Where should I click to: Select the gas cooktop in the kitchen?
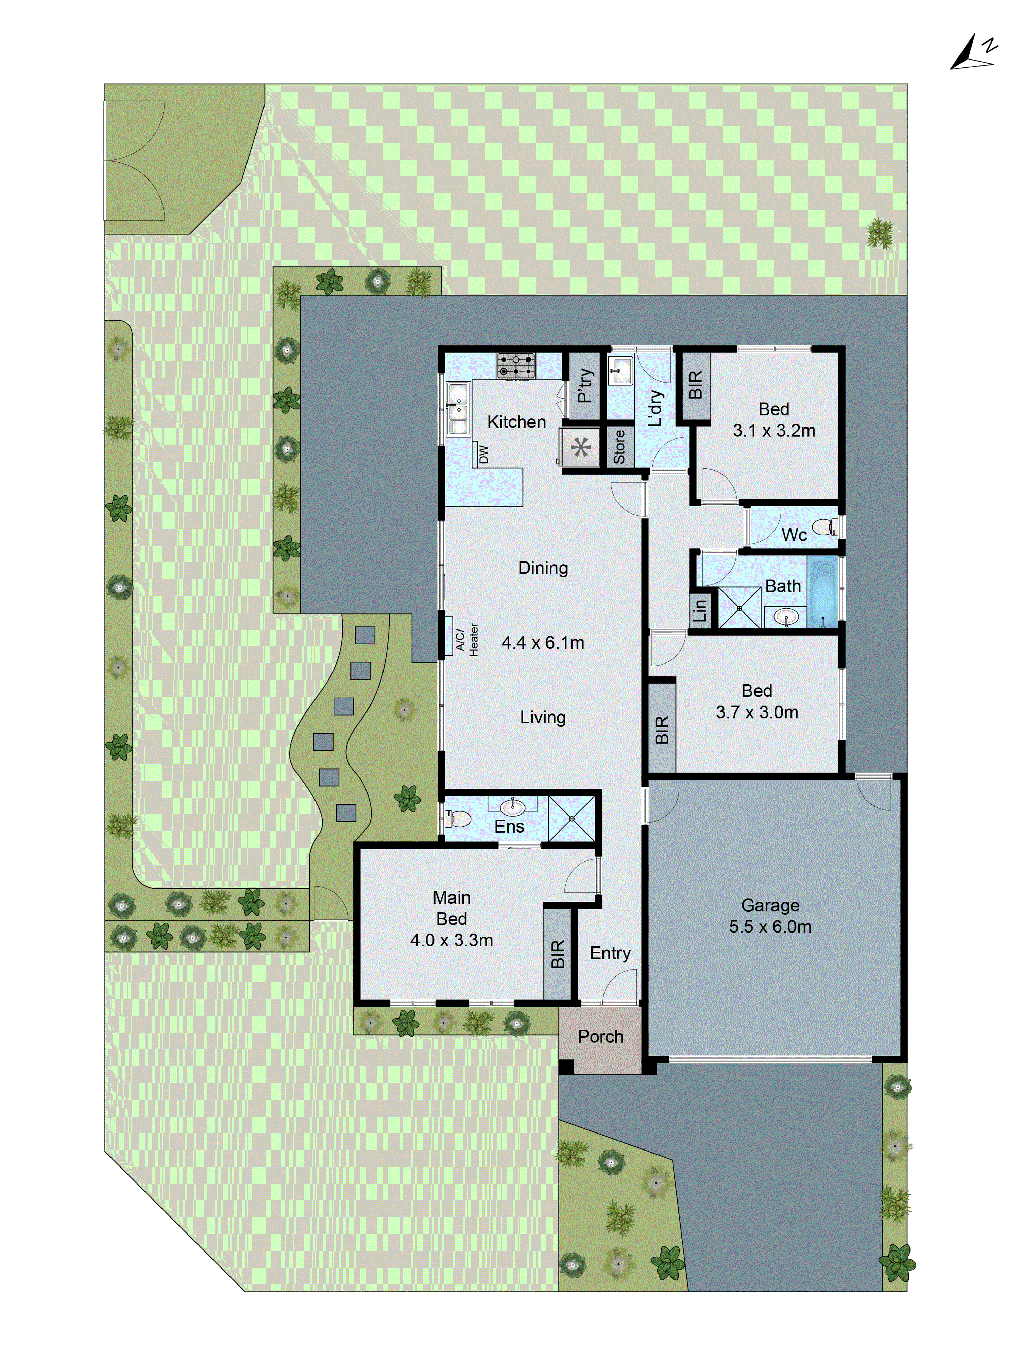516,365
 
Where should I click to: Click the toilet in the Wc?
824,527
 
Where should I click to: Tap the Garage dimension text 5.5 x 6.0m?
770,926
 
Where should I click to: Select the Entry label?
610,952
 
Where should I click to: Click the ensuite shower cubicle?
571,818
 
